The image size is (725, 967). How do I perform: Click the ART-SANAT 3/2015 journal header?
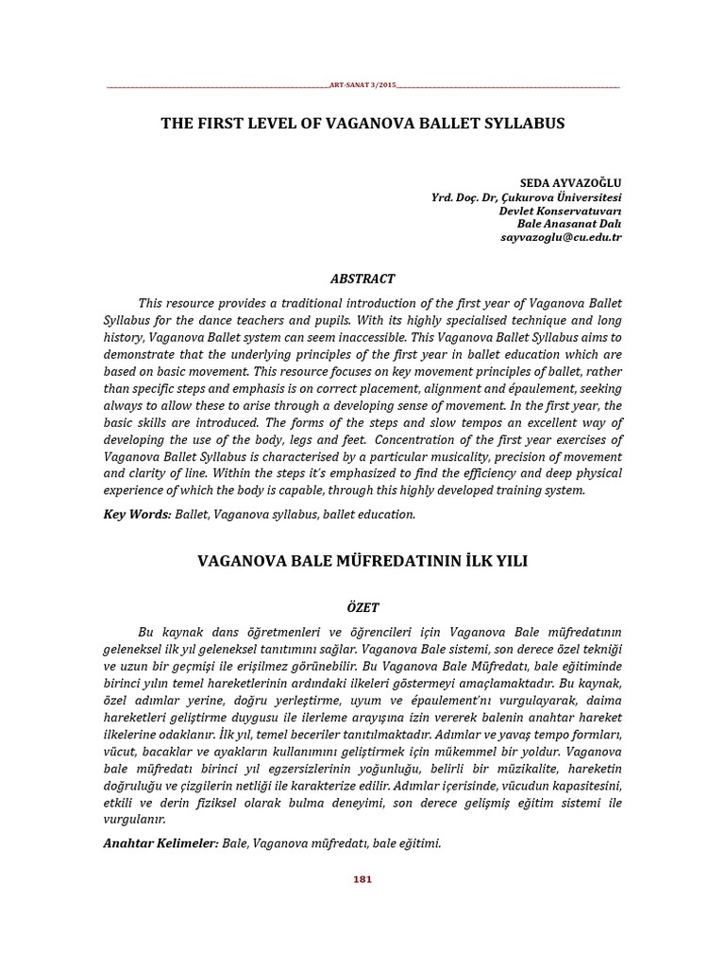tap(362, 86)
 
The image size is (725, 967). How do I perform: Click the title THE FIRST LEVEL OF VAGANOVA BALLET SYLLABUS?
tap(362, 124)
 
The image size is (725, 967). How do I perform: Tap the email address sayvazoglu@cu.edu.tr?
tap(561, 238)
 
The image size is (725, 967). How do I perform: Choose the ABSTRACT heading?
tap(362, 279)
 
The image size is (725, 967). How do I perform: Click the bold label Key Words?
tap(137, 515)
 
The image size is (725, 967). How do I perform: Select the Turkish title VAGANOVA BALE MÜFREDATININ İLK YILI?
tap(362, 561)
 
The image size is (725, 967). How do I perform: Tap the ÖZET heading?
tap(362, 607)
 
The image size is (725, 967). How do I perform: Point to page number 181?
tap(362, 879)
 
